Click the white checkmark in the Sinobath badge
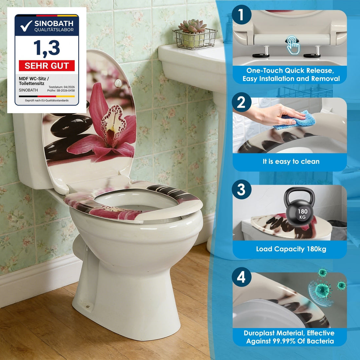point(26,26)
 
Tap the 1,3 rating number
point(47,48)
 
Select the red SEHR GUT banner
point(47,66)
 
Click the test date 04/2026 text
point(62,87)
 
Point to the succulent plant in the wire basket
point(193,26)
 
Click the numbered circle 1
point(241,14)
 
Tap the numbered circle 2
point(241,102)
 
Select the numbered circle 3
point(241,189)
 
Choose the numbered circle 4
point(241,277)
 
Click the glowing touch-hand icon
point(293,45)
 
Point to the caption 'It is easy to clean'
point(291,161)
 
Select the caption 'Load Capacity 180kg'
point(291,249)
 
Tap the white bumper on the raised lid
point(118,83)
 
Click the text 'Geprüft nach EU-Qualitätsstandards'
point(47,100)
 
